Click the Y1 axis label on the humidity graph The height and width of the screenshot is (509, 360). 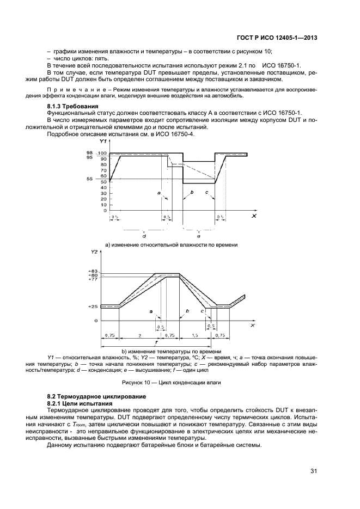pyautogui.click(x=103, y=142)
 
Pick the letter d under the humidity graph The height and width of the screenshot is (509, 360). pyautogui.click(x=143, y=236)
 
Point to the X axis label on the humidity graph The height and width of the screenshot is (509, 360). pyautogui.click(x=254, y=216)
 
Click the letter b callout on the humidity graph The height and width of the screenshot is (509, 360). pyautogui.click(x=192, y=193)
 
